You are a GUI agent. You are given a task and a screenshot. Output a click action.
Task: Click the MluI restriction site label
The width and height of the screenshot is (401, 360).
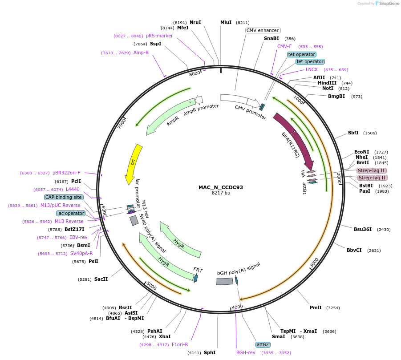click(226, 22)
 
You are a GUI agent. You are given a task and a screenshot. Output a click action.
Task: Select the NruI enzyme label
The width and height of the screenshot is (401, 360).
click(195, 22)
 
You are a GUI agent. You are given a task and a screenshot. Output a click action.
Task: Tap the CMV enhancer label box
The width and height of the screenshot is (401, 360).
click(263, 30)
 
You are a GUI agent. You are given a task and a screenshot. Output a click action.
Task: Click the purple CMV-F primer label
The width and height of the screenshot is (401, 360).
click(284, 46)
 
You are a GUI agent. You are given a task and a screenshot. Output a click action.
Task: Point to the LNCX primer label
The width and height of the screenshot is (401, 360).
click(312, 69)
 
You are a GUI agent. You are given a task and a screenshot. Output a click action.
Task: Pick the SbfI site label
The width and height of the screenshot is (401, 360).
click(353, 133)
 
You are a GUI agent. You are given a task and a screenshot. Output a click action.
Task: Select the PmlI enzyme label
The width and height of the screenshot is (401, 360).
click(316, 307)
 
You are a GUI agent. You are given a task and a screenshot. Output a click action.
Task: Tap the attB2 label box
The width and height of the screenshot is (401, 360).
click(263, 344)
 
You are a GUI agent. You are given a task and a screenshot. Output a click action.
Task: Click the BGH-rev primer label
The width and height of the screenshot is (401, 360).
click(246, 352)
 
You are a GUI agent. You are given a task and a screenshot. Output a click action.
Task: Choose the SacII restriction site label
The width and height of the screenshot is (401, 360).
click(101, 279)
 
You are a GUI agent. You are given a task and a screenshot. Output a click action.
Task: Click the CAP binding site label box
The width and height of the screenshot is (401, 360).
click(64, 197)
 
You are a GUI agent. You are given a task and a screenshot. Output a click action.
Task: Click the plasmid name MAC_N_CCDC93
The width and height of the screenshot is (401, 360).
click(221, 187)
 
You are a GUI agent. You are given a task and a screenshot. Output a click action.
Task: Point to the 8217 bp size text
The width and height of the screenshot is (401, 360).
click(221, 193)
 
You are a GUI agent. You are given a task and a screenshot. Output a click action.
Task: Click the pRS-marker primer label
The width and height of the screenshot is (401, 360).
click(159, 36)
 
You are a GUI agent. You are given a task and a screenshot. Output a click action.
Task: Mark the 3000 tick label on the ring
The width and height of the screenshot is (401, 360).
click(314, 262)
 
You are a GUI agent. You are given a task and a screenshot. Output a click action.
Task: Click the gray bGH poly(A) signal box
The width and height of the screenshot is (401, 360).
click(225, 281)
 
